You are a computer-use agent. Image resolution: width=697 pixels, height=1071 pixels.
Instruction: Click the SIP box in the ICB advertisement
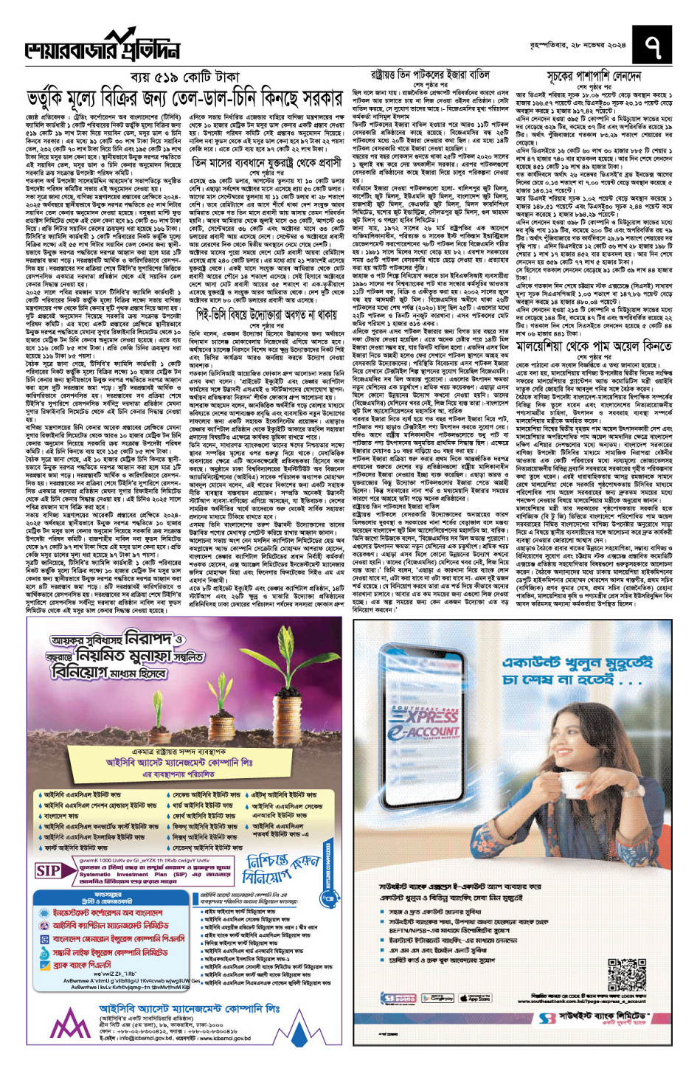pyautogui.click(x=49, y=871)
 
